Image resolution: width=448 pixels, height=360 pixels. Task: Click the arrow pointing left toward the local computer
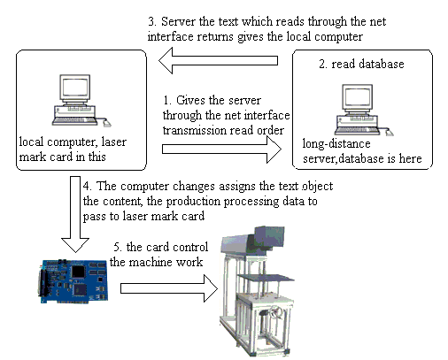pyautogui.click(x=218, y=61)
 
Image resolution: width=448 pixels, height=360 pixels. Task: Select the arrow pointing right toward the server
pyautogui.click(x=221, y=149)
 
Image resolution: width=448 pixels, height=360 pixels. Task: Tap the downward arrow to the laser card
pyautogui.click(x=75, y=214)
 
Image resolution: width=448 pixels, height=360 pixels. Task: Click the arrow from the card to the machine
pyautogui.click(x=169, y=288)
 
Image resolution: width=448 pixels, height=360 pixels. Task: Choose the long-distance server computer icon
pyautogui.click(x=364, y=110)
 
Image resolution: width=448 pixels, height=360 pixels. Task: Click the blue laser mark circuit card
pyautogui.click(x=73, y=281)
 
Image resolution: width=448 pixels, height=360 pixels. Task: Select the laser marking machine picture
pyautogui.click(x=257, y=291)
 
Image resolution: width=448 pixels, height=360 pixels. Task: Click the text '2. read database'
pyautogui.click(x=361, y=64)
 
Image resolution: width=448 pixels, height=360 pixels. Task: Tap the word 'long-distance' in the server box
pyautogui.click(x=336, y=144)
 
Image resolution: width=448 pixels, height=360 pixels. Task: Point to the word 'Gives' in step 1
pyautogui.click(x=190, y=100)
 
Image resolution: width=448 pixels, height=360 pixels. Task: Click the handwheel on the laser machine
pyautogui.click(x=275, y=312)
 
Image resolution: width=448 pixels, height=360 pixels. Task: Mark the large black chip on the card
pyautogui.click(x=79, y=272)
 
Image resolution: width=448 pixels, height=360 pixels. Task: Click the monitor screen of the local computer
pyautogui.click(x=75, y=88)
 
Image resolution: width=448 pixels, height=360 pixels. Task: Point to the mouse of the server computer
pyautogui.click(x=390, y=133)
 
